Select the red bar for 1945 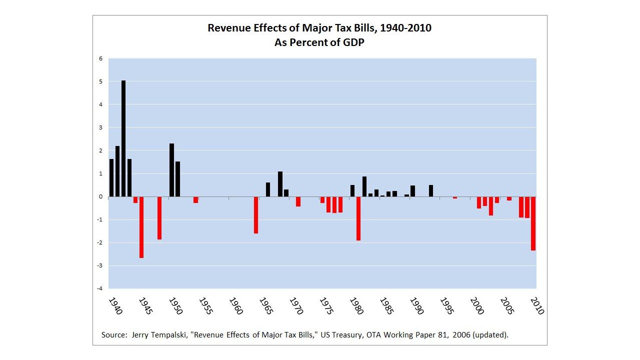(141, 227)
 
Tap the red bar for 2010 (533, 223)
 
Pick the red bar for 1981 (358, 218)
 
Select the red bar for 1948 (159, 218)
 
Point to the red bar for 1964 (256, 215)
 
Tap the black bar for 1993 (430, 190)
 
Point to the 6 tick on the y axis (100, 58)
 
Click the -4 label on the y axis (99, 288)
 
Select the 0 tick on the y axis (100, 196)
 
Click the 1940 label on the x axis (115, 306)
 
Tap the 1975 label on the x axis (326, 306)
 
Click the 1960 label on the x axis (236, 306)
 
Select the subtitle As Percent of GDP (319, 42)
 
